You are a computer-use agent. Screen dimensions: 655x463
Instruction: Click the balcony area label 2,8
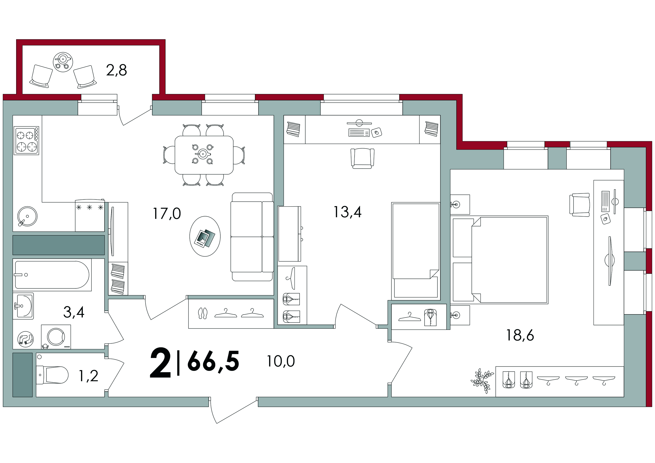pos(116,70)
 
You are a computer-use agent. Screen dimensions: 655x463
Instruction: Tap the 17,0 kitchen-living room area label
pos(167,213)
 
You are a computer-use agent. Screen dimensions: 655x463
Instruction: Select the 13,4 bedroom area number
pos(347,212)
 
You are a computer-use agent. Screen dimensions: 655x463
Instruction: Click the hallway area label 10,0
pos(281,361)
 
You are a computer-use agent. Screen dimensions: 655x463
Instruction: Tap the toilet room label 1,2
pos(89,376)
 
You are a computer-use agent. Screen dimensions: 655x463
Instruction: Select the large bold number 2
pos(160,363)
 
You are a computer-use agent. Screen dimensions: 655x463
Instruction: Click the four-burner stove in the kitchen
pos(26,141)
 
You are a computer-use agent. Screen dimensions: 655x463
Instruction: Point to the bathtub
pos(52,275)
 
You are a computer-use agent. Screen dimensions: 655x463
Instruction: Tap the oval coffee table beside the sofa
pos(205,236)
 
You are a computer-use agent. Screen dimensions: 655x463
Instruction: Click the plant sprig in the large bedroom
pos(482,381)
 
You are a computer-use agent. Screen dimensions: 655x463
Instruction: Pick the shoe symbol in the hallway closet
pos(203,313)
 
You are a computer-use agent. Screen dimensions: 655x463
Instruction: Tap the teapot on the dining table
pos(203,154)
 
